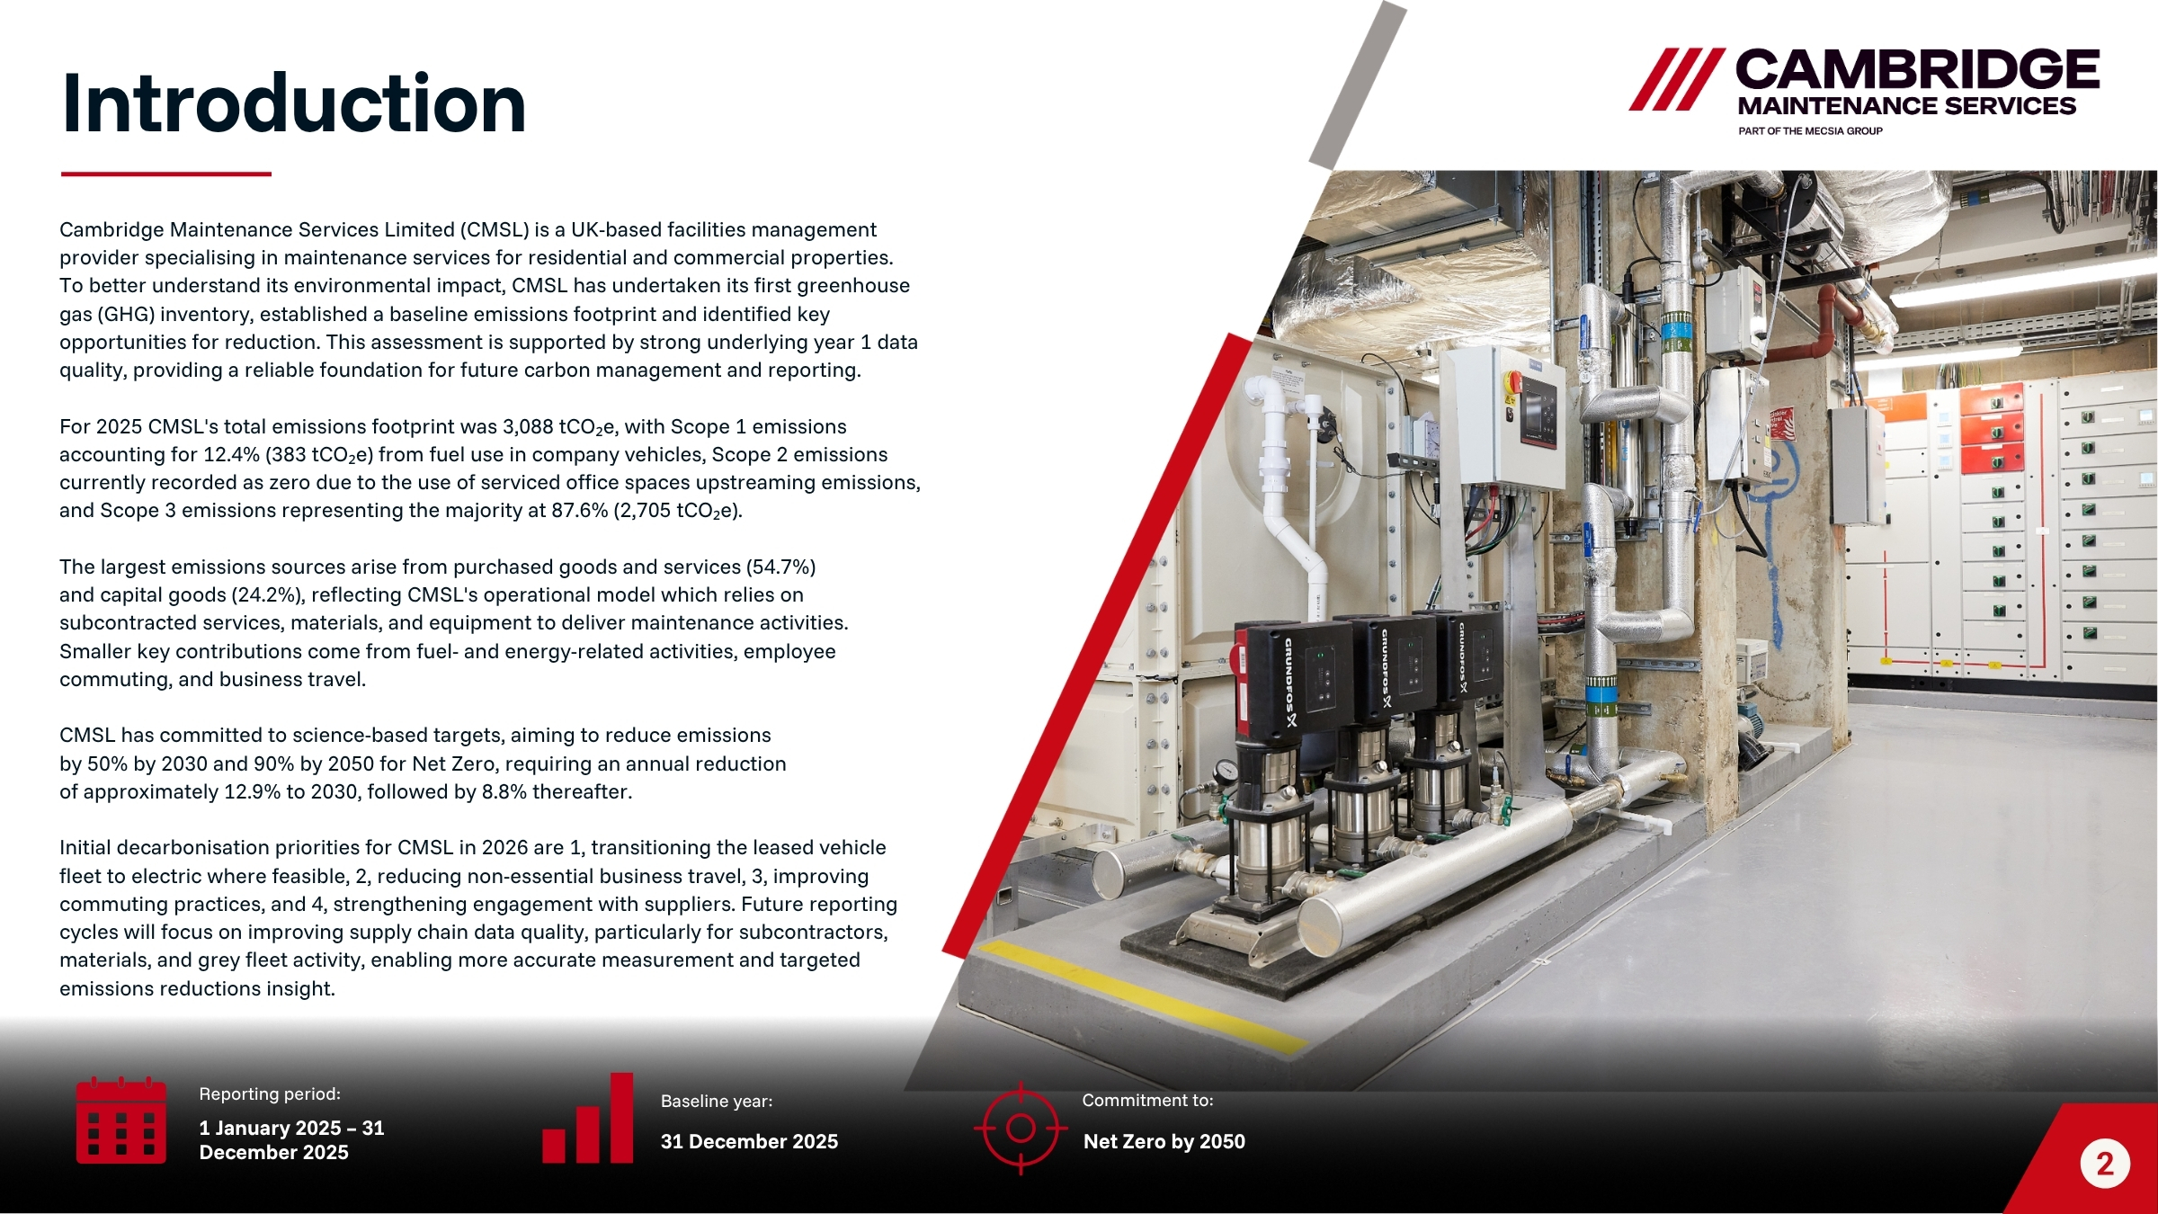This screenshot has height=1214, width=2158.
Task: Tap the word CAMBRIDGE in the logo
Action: [x=1917, y=69]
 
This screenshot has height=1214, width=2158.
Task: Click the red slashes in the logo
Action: [x=1677, y=79]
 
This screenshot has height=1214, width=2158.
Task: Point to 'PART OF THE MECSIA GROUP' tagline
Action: [x=1810, y=131]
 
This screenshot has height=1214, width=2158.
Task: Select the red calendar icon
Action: [x=120, y=1120]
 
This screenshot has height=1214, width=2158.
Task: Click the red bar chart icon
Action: [x=588, y=1118]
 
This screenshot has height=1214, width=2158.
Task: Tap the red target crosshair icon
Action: [x=1021, y=1128]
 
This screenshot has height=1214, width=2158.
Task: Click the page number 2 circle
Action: [x=2104, y=1165]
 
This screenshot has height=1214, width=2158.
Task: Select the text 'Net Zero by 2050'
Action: [x=1164, y=1141]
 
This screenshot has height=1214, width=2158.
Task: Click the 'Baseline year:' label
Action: [x=717, y=1101]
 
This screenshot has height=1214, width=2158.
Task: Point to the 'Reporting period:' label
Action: [x=270, y=1093]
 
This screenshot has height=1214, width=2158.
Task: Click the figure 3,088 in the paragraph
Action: [x=528, y=426]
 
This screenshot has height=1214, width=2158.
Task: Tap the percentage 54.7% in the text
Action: [x=780, y=567]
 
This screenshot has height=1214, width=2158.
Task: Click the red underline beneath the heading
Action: [x=166, y=174]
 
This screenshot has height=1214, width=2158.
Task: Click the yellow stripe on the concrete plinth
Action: [x=1142, y=995]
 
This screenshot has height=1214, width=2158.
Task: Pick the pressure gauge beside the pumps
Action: [x=1223, y=772]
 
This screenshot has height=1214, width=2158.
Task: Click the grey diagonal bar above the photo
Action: [x=1358, y=85]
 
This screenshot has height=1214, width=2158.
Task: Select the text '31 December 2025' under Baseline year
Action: [x=749, y=1141]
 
